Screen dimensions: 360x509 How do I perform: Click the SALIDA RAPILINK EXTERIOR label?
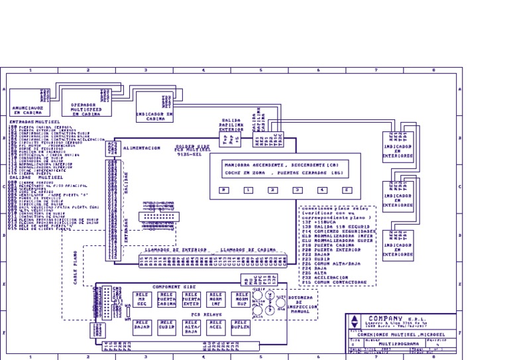click(x=231, y=125)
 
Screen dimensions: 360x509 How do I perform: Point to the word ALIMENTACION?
click(x=141, y=149)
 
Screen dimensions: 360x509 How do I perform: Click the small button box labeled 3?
click(x=297, y=190)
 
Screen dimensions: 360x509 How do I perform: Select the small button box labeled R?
click(x=224, y=190)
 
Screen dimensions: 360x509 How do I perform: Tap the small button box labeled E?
click(x=346, y=190)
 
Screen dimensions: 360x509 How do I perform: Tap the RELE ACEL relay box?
click(x=215, y=326)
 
